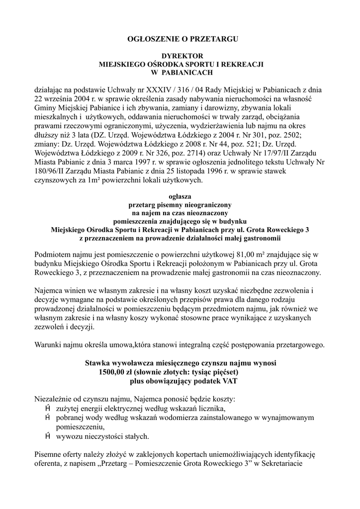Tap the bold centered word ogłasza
coord(180,196)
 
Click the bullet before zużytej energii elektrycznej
coord(48,408)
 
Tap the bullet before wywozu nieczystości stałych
coord(48,436)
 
